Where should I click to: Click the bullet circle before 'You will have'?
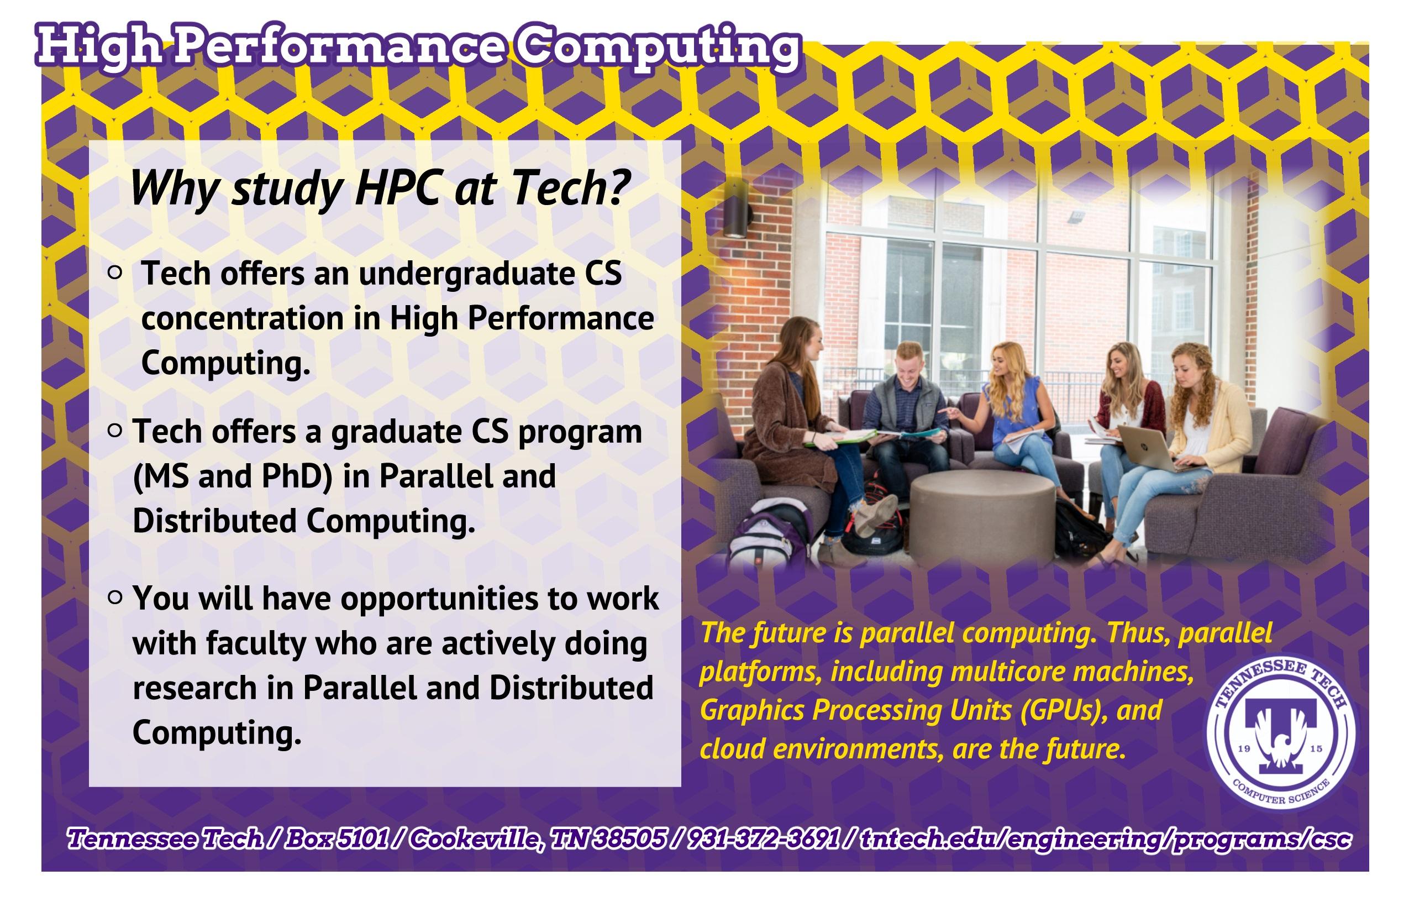click(x=115, y=597)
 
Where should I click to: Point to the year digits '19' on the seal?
click(x=1244, y=748)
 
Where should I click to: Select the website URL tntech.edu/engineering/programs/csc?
click(x=1106, y=840)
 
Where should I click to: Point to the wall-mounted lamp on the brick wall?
click(x=736, y=209)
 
